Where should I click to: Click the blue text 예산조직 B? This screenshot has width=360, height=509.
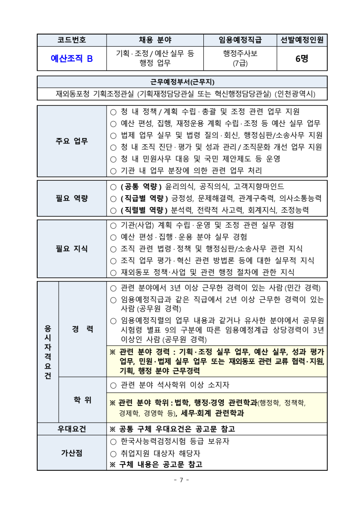tap(72, 58)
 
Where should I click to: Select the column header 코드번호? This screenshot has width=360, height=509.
tap(72, 40)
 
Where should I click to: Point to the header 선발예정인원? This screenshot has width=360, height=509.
tap(302, 40)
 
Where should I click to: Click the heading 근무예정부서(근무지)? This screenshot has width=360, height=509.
tap(182, 82)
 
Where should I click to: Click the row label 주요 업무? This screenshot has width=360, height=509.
tap(72, 141)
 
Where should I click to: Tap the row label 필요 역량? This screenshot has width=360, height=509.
tap(72, 198)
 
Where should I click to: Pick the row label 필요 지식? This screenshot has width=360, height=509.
tap(72, 249)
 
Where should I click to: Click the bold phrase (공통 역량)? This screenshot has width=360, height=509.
tap(141, 187)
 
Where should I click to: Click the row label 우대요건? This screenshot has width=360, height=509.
tap(72, 429)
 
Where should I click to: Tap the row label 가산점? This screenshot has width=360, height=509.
tap(72, 453)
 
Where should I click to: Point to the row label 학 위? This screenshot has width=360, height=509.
tap(82, 400)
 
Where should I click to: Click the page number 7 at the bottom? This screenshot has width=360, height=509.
tap(181, 480)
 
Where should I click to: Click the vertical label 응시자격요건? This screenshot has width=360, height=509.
tap(48, 352)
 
